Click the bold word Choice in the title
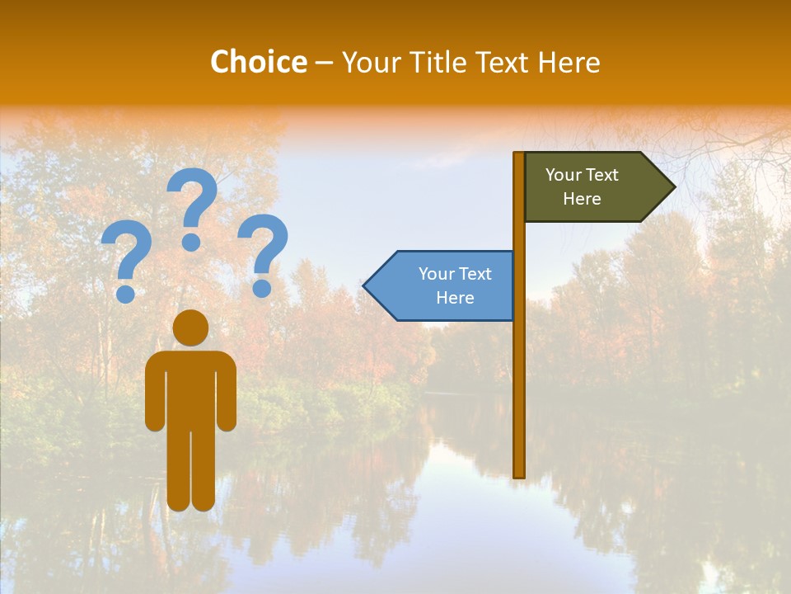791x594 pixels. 258,62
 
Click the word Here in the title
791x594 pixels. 569,62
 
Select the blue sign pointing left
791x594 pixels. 445,285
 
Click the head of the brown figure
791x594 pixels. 191,328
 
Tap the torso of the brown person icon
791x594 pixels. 191,388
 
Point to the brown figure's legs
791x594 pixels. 191,470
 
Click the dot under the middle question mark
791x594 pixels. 191,241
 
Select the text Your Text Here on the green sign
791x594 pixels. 582,186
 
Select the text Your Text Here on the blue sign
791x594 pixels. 455,285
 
